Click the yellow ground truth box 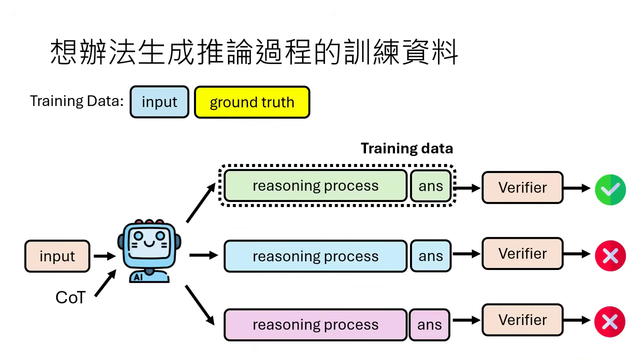pyautogui.click(x=252, y=102)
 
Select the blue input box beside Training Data pyautogui.click(x=159, y=102)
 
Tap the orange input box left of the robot pyautogui.click(x=57, y=256)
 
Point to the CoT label pyautogui.click(x=70, y=297)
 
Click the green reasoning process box pyautogui.click(x=315, y=186)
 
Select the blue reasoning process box pyautogui.click(x=315, y=256)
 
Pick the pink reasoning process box pyautogui.click(x=315, y=325)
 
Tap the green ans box pyautogui.click(x=430, y=186)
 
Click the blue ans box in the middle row pyautogui.click(x=430, y=256)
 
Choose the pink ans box pyautogui.click(x=429, y=325)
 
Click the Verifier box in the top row pyautogui.click(x=522, y=187)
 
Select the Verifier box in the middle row pyautogui.click(x=522, y=254)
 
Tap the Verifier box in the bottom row pyautogui.click(x=522, y=320)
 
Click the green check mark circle pyautogui.click(x=610, y=189)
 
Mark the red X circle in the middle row pyautogui.click(x=610, y=255)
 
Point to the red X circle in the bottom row pyautogui.click(x=610, y=322)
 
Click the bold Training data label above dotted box pyautogui.click(x=406, y=148)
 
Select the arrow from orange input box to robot pyautogui.click(x=104, y=256)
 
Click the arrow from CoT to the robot pyautogui.click(x=105, y=283)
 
